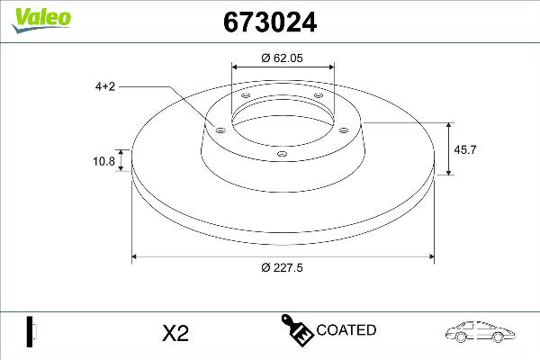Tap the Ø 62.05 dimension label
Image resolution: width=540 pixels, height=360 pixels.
(283, 58)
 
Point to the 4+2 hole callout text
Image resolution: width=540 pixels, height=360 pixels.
(105, 87)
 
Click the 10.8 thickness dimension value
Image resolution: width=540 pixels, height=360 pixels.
(105, 163)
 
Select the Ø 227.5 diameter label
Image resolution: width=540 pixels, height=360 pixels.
(283, 267)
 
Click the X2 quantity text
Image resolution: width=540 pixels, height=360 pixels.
(175, 333)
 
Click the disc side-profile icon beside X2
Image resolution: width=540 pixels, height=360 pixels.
(30, 330)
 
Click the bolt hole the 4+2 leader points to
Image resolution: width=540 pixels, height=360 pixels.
(218, 130)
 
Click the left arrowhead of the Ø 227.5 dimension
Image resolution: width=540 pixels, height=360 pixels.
(137, 256)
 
